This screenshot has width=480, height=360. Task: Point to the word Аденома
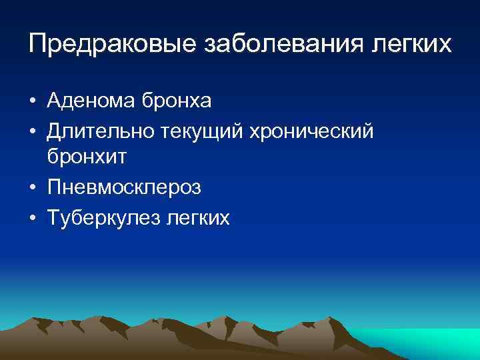click(x=90, y=101)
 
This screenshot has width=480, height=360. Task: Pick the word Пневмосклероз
click(x=124, y=188)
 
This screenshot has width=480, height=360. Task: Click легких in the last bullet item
click(x=197, y=217)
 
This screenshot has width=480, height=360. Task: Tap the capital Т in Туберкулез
click(x=53, y=217)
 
